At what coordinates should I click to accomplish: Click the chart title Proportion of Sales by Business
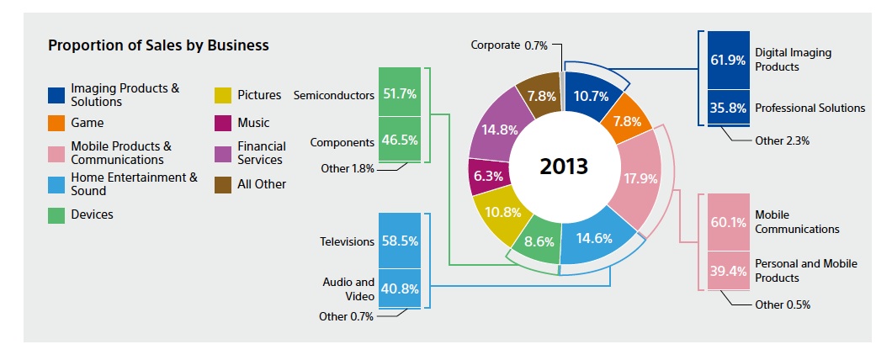coord(158,45)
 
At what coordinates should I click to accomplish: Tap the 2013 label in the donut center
coord(563,165)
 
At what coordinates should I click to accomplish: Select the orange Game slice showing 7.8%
coord(626,119)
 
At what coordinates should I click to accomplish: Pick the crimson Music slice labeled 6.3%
coord(487,177)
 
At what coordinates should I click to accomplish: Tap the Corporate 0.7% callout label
coord(509,45)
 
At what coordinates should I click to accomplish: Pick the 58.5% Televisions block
coord(400,241)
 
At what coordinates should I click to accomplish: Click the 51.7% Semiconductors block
coord(400,95)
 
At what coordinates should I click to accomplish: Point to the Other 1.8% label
coord(348,168)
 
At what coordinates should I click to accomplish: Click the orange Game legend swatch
coord(56,124)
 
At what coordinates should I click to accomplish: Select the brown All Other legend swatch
coord(223,183)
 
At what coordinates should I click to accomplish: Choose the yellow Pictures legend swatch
coord(223,95)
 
